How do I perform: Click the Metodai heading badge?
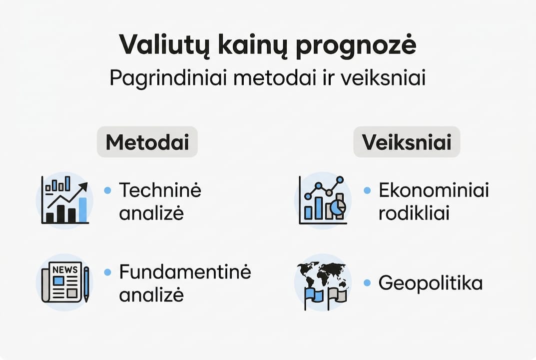tap(147, 142)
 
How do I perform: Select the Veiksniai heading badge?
tap(407, 142)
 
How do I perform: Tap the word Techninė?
tap(160, 190)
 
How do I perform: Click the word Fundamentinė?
tap(185, 272)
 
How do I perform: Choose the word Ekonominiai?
tap(434, 190)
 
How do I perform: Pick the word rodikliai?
tap(414, 213)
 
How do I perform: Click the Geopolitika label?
tap(430, 283)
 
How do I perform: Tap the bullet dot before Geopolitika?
tap(367, 283)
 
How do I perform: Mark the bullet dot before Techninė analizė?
tap(107, 190)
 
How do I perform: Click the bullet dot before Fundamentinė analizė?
tap(107, 272)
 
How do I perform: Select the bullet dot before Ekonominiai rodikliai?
tap(367, 190)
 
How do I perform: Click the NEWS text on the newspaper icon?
tap(65, 270)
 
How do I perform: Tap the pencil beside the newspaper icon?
tap(86, 283)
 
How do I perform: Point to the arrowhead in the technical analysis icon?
tap(83, 186)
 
